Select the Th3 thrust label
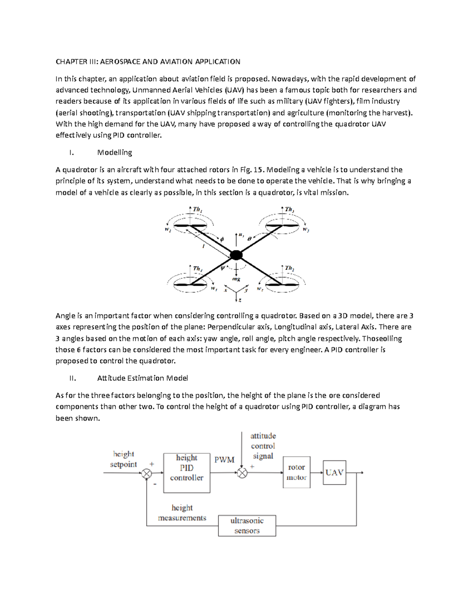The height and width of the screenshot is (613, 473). (290, 210)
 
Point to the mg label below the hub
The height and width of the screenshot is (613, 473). (236, 279)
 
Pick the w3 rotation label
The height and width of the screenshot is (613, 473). (305, 230)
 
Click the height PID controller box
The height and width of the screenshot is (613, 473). (186, 472)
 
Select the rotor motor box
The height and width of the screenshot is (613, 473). (296, 472)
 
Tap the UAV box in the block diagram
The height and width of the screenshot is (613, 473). (334, 472)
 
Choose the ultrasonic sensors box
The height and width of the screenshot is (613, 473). (247, 525)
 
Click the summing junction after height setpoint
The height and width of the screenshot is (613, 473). (147, 473)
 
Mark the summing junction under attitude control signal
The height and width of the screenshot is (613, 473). (242, 473)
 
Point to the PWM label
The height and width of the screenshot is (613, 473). (224, 460)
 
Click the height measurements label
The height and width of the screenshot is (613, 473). (182, 513)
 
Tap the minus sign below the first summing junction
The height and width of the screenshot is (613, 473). (155, 484)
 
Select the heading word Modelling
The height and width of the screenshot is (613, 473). (115, 152)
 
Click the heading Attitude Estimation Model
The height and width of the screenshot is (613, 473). (142, 378)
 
